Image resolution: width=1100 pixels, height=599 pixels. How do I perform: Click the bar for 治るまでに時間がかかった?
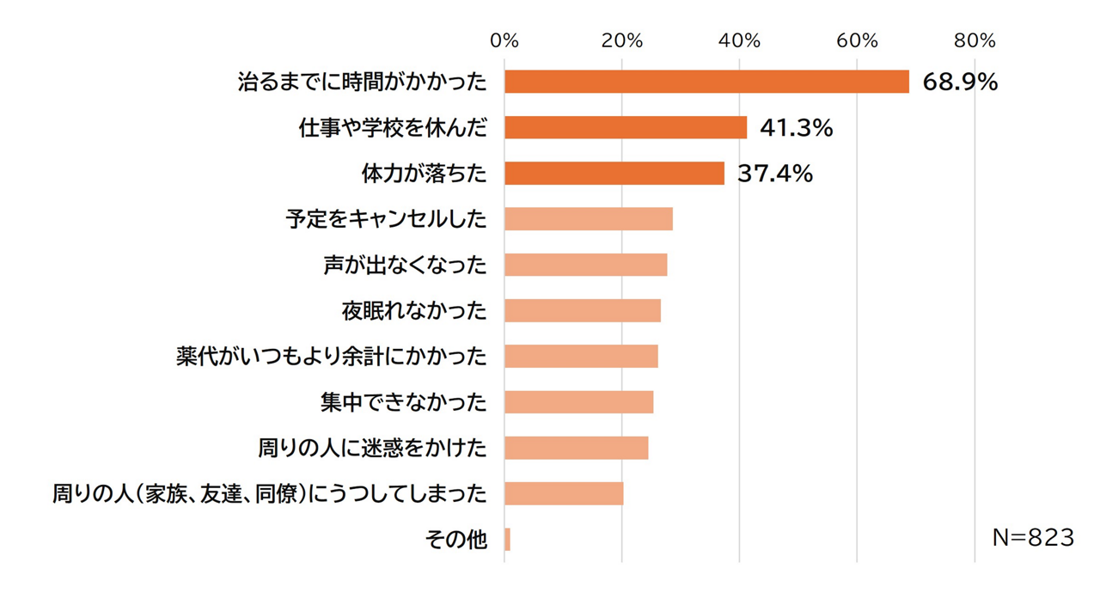click(x=706, y=82)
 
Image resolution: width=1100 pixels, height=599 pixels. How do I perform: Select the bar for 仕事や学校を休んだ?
click(x=626, y=128)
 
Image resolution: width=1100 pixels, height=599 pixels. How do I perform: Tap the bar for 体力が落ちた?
click(x=614, y=174)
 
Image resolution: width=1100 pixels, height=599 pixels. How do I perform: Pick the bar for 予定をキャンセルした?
click(x=589, y=219)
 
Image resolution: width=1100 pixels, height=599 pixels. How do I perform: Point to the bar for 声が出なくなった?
click(x=586, y=265)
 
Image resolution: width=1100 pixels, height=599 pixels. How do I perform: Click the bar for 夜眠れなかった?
click(x=583, y=310)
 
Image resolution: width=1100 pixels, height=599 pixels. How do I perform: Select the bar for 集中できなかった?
click(x=579, y=402)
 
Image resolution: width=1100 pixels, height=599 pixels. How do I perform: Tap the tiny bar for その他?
click(x=508, y=540)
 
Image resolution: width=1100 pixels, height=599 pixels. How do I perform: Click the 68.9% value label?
click(x=960, y=83)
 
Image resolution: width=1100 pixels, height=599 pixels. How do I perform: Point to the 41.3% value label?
click(x=797, y=129)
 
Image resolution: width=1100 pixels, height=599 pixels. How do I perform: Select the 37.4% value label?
click(x=775, y=174)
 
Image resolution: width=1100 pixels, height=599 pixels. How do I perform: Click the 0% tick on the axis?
click(x=504, y=40)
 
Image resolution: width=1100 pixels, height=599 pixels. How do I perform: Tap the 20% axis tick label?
click(x=622, y=40)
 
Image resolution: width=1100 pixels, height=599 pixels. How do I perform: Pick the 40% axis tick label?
click(x=740, y=40)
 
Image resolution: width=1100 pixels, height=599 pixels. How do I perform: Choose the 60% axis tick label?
click(x=858, y=40)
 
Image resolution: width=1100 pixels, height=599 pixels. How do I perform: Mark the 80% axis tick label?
click(x=975, y=40)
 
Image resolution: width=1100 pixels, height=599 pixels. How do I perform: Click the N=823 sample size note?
click(x=1033, y=538)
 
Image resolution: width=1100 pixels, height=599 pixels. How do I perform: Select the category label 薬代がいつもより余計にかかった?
click(x=331, y=356)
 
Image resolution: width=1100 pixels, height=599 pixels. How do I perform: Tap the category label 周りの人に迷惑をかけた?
click(x=372, y=448)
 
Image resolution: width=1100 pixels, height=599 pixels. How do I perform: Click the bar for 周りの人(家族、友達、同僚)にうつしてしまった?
click(x=564, y=493)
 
